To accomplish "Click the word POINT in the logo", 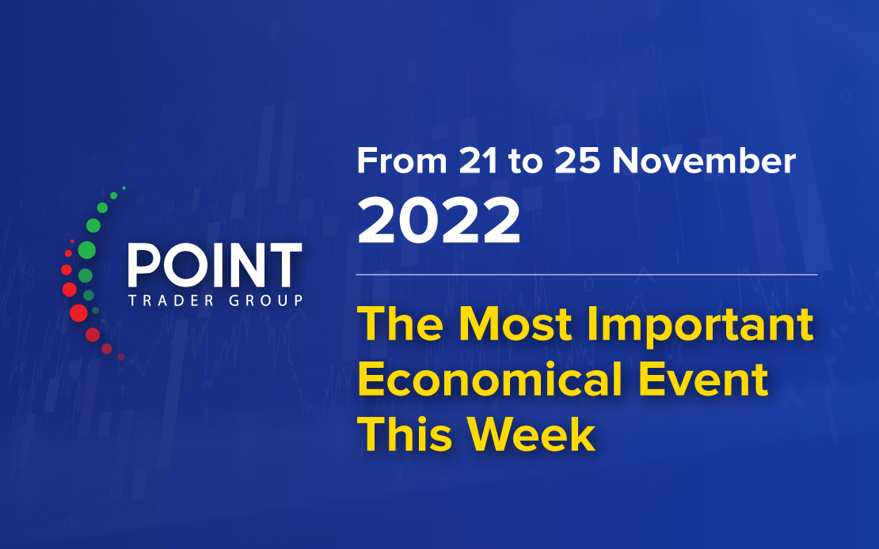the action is click(x=215, y=265).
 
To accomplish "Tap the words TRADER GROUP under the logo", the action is click(x=216, y=301).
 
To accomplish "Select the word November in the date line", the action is click(x=703, y=161).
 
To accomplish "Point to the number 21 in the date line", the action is click(x=478, y=161).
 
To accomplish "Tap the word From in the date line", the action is click(x=401, y=161).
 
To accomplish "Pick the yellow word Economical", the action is click(x=490, y=379).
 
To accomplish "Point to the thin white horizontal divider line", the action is click(x=586, y=275).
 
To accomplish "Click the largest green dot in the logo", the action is click(x=86, y=250).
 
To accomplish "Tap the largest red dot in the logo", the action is click(x=78, y=313).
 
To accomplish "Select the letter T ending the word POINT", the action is click(x=285, y=265).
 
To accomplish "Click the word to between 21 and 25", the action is click(x=526, y=162).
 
